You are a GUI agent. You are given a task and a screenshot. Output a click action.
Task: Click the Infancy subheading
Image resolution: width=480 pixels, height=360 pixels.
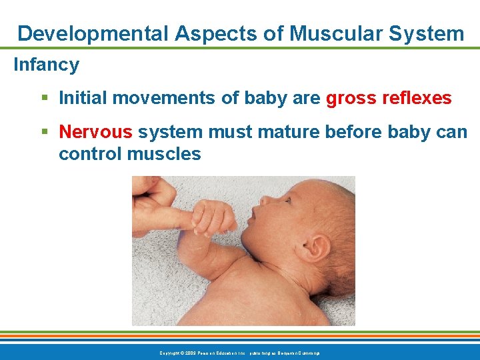pyautogui.click(x=46, y=65)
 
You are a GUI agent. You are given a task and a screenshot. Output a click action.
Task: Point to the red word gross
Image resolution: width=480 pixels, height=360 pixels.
pyautogui.click(x=351, y=99)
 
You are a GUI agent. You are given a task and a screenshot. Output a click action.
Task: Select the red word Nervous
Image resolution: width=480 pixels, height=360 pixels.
pyautogui.click(x=95, y=131)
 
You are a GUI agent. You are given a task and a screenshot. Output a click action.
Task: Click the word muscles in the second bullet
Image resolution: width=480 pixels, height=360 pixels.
pyautogui.click(x=163, y=153)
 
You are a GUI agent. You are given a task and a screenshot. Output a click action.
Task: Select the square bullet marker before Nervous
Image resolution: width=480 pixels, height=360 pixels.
pyautogui.click(x=44, y=131)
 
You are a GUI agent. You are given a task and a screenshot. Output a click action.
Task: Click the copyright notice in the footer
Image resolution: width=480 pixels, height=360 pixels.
pyautogui.click(x=240, y=352)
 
